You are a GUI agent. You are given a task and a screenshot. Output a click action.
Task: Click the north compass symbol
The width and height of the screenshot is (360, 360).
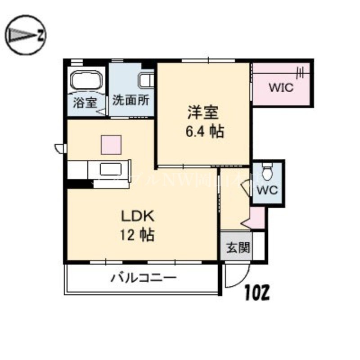(26, 34)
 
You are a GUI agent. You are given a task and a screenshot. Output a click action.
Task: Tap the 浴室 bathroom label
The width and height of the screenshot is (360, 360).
(85, 102)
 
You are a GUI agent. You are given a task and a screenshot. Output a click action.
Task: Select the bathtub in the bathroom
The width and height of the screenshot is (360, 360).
(86, 81)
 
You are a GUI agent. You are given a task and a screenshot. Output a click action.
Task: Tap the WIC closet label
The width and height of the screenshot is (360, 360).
(281, 87)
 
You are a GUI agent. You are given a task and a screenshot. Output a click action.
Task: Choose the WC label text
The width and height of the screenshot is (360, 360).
(268, 190)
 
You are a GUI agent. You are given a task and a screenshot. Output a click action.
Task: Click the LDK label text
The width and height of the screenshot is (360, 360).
(138, 216)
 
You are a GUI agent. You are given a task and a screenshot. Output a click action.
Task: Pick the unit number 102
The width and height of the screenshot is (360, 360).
(257, 293)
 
